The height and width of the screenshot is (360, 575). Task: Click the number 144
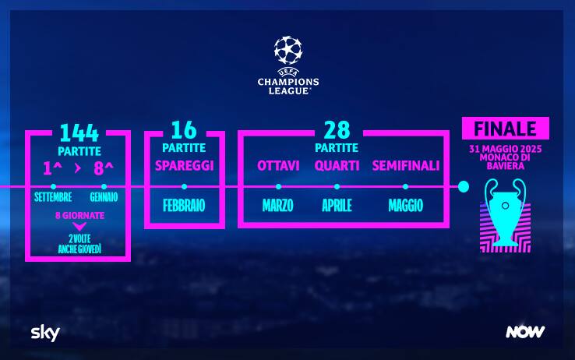[x=79, y=132]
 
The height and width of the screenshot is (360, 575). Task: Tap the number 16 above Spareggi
[x=184, y=130]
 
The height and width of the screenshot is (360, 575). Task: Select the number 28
[x=337, y=130]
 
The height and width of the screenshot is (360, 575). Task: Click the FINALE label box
[x=506, y=129]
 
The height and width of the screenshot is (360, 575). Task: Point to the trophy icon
[x=506, y=213]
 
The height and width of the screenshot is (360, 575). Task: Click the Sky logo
[x=45, y=333]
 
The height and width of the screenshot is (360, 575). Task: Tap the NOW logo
[x=525, y=332]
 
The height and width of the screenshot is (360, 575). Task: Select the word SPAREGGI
[x=184, y=166]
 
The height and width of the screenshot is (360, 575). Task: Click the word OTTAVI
[x=278, y=166]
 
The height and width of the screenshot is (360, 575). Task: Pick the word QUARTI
[x=337, y=166]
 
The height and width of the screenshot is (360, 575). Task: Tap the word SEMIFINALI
[x=406, y=166]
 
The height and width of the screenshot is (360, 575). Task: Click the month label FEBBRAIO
[x=184, y=205]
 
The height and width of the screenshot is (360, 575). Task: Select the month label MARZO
[x=277, y=205]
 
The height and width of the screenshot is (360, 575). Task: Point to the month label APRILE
[x=337, y=205]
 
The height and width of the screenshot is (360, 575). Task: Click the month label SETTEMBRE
[x=53, y=197]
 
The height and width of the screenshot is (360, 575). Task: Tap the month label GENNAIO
[x=104, y=197]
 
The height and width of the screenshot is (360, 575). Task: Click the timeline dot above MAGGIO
[x=405, y=186]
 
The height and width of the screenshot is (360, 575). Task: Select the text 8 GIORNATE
[x=79, y=215]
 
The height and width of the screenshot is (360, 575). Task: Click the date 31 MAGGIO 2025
[x=506, y=149]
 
